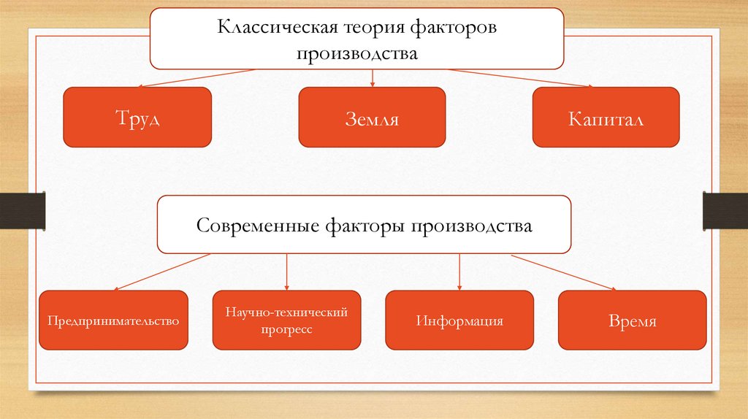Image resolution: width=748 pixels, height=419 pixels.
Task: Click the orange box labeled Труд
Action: point(137,118)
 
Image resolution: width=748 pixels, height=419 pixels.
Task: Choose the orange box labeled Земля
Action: point(372,118)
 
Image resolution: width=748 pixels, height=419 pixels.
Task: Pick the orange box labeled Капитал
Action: point(606,118)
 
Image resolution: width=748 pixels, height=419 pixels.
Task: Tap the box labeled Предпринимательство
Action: point(113,320)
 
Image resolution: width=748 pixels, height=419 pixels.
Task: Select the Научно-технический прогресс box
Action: point(286,320)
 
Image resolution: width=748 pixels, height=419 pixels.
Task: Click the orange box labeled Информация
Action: point(459,320)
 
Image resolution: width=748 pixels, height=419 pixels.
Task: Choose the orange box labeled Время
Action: point(632,320)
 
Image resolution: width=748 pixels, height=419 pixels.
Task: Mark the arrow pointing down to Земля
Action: point(373,77)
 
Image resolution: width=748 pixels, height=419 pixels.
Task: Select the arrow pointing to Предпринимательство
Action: point(161,272)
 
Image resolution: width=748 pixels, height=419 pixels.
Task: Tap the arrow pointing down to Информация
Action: point(459,272)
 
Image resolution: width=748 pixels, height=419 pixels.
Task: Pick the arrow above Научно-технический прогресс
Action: point(286,272)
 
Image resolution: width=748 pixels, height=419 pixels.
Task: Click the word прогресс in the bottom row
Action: point(286,330)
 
